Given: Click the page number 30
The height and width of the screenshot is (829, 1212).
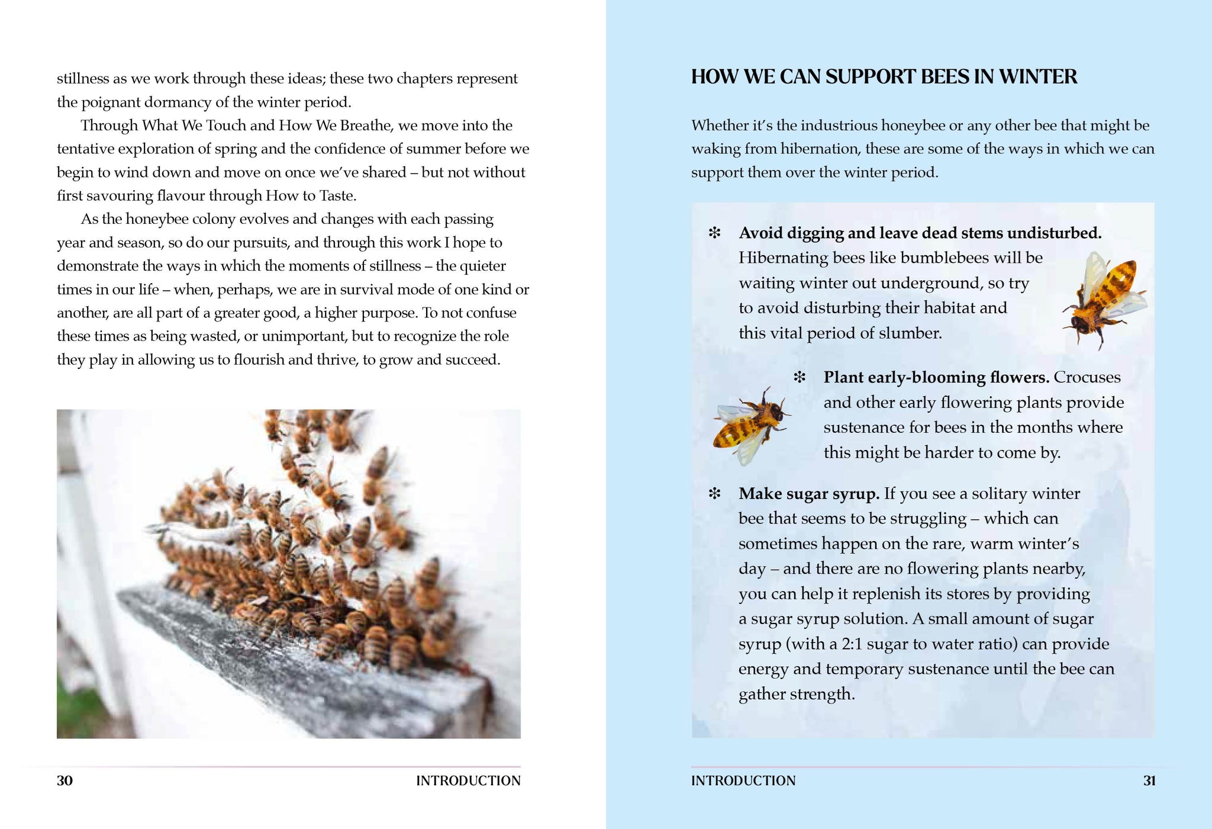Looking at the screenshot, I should click(65, 780).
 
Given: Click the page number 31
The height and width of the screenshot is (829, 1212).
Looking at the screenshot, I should click(1149, 780).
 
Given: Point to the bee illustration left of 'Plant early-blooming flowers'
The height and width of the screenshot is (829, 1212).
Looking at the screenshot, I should click(750, 424).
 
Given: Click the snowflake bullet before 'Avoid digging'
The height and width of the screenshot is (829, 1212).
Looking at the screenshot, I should click(714, 233).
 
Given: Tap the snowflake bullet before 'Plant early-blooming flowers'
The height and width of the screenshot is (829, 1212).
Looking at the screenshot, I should click(800, 377).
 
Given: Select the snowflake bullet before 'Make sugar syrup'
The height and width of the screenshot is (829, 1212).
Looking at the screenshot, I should click(714, 493).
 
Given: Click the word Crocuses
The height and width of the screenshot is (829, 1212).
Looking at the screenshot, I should click(1087, 377).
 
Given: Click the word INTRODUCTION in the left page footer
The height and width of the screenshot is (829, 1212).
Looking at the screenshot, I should click(468, 780).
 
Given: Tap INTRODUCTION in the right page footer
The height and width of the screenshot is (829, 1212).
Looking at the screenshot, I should click(743, 780).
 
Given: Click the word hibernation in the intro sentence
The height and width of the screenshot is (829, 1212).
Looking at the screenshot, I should click(818, 149).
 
